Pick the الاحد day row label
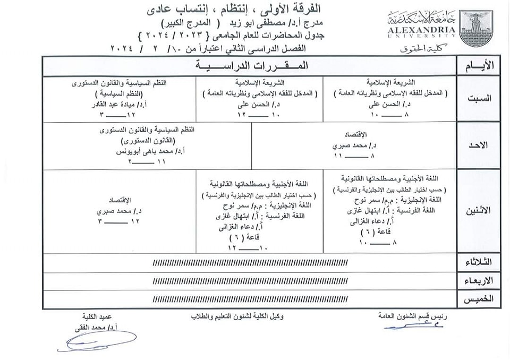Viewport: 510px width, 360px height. [x=480, y=145]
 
